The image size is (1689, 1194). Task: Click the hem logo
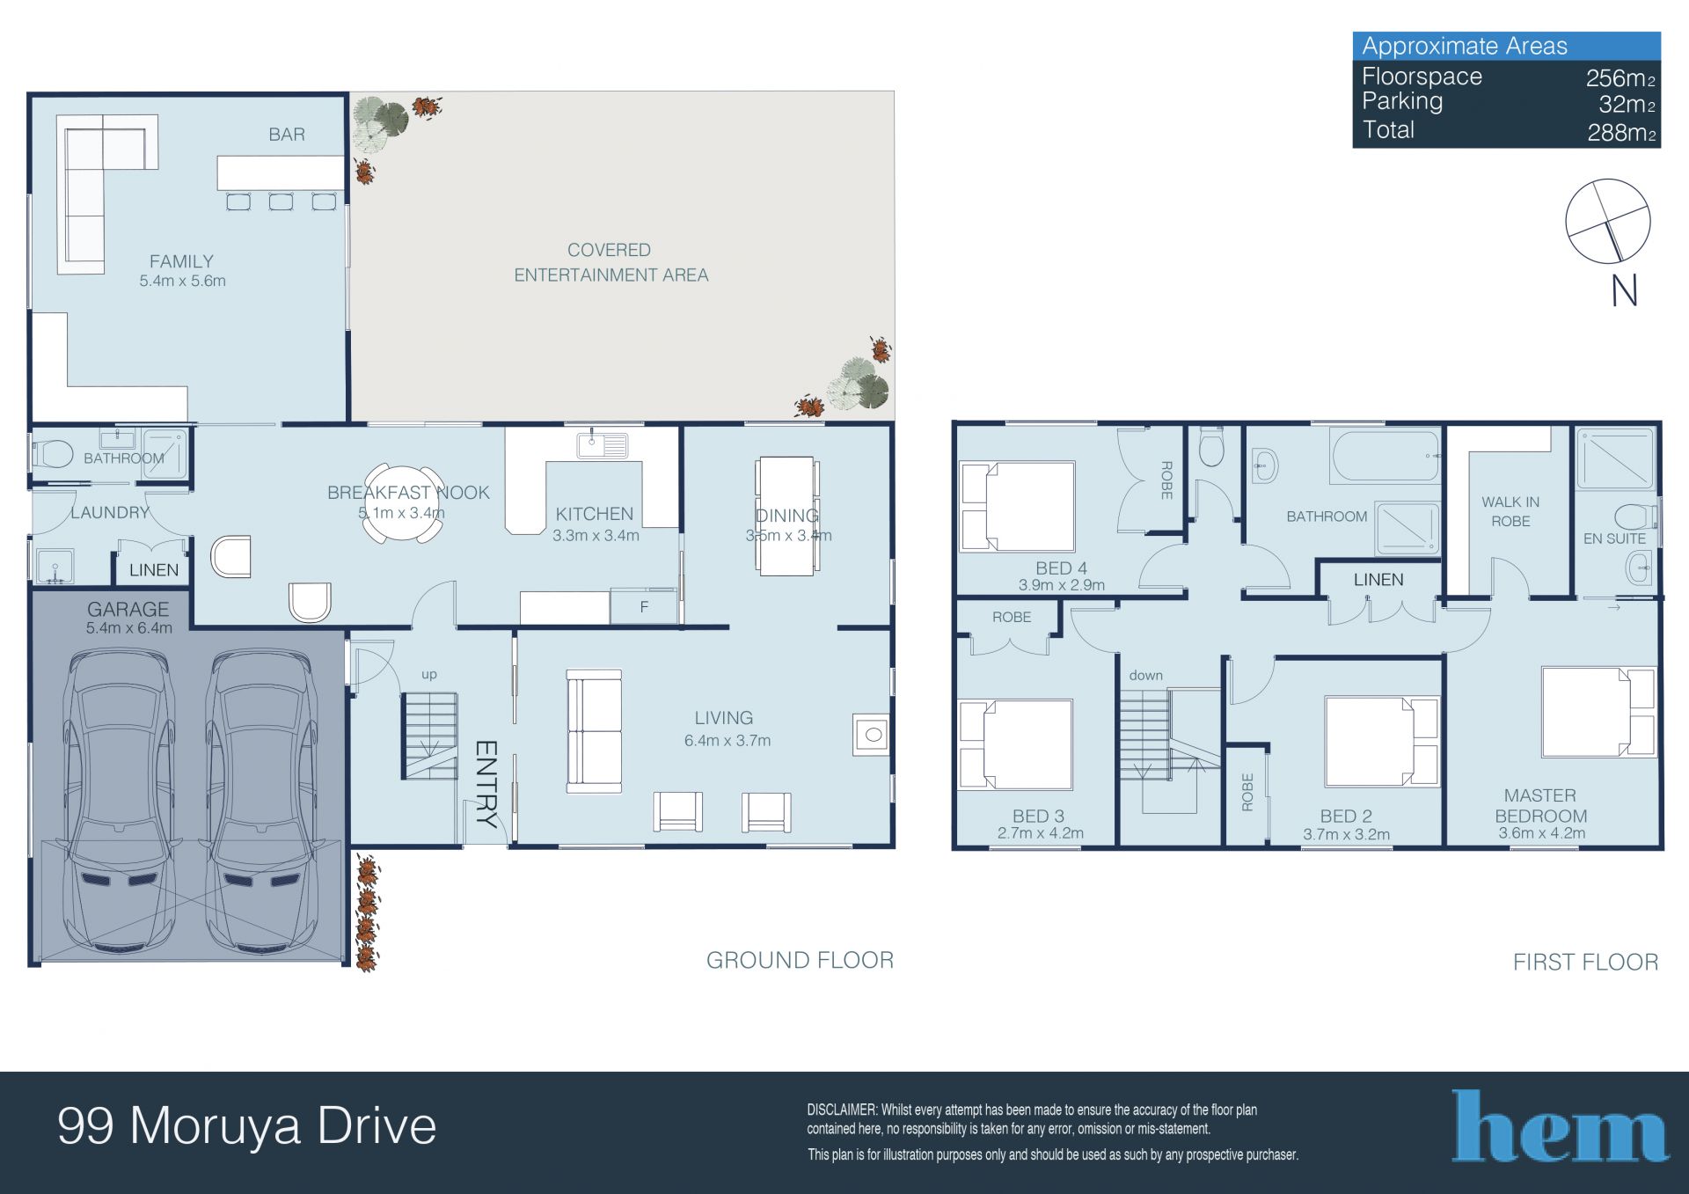pos(1560,1126)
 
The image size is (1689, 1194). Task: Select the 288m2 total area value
pos(1621,133)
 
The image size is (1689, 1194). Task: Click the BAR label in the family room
pos(287,135)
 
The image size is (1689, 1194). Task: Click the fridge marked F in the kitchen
pos(644,606)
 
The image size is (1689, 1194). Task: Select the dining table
pos(786,516)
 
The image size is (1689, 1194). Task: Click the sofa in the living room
pos(594,730)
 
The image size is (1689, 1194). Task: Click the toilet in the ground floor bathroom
pos(53,454)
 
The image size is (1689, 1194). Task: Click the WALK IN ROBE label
pos(1510,511)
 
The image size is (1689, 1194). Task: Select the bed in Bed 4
pos(1018,506)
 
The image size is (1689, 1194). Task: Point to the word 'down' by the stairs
pos(1146,675)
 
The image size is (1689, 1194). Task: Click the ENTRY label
pos(486,784)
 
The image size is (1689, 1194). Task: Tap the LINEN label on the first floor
pos(1378,580)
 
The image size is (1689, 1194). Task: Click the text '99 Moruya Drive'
pos(247,1126)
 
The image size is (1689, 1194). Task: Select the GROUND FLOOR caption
pos(800,960)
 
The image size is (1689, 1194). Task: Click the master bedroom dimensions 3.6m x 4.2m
pos(1542,833)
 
